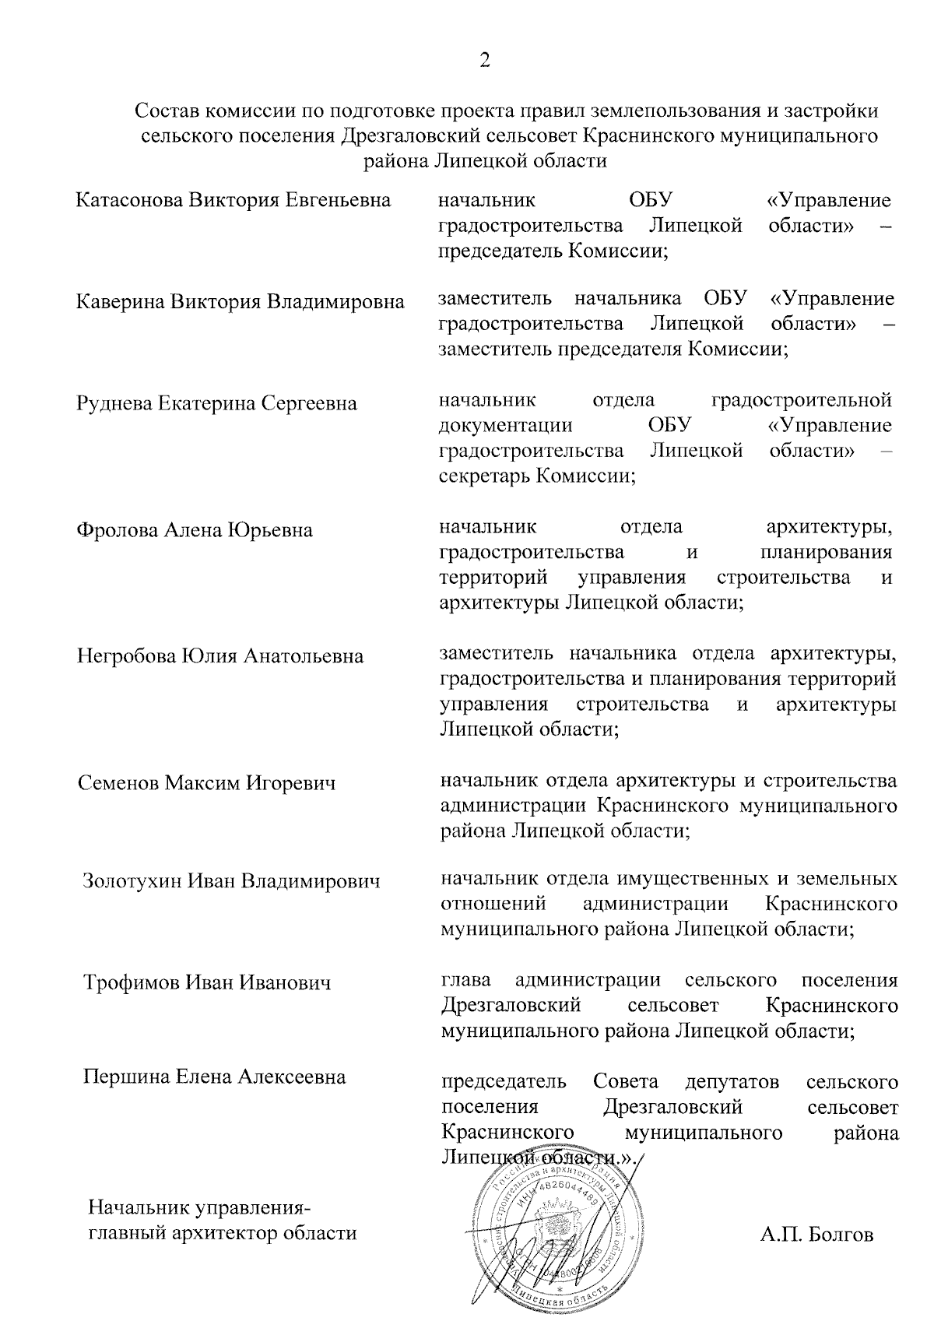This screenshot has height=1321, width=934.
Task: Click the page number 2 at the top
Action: [484, 61]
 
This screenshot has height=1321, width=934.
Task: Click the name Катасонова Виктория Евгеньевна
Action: [233, 201]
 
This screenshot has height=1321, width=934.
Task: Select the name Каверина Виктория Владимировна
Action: [241, 302]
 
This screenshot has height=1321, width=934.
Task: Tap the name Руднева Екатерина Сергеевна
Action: [217, 403]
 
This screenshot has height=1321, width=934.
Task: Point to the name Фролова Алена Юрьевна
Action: [195, 530]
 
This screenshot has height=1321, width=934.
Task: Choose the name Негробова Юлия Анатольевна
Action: [220, 656]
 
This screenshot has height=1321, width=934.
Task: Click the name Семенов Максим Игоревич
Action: [207, 782]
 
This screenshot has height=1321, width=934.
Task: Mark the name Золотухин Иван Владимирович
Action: [232, 881]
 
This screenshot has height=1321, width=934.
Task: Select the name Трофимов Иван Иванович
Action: [207, 982]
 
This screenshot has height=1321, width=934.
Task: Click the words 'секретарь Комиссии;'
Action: [537, 476]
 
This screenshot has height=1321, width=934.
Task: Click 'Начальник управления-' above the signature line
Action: [201, 1208]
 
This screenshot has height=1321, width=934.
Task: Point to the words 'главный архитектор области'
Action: [223, 1233]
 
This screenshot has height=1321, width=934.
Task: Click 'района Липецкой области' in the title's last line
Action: [485, 161]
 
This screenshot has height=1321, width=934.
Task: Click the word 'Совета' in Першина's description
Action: [625, 1081]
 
